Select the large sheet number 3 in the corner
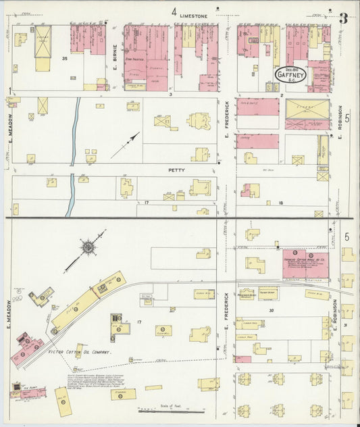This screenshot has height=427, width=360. point(343,18)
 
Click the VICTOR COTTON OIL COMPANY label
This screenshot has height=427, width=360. point(80,353)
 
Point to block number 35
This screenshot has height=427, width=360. point(65,59)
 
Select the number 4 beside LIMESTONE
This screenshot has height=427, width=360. point(174,12)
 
